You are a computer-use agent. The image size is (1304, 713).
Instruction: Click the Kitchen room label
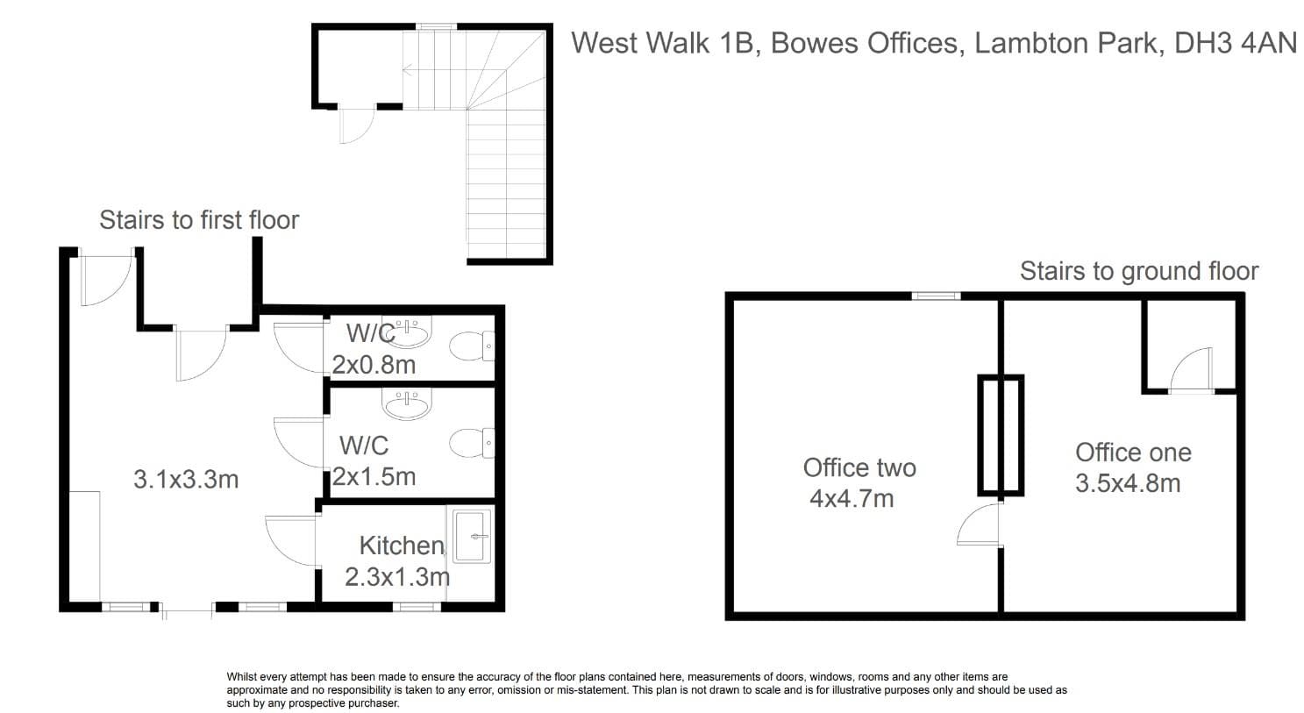click(403, 546)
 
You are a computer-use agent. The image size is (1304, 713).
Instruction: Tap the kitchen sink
click(472, 537)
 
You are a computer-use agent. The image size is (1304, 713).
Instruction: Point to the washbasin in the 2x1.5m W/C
click(407, 404)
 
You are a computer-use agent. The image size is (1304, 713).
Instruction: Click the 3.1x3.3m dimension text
click(186, 480)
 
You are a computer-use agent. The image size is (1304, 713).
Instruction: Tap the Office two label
click(859, 468)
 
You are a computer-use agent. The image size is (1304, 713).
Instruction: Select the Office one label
click(1133, 453)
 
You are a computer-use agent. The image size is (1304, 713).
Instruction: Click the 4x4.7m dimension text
click(852, 499)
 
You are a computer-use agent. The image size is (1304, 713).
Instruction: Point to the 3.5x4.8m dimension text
click(1128, 484)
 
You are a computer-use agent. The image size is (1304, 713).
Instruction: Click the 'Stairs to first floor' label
click(199, 220)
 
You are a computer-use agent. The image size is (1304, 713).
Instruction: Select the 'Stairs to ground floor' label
click(1139, 271)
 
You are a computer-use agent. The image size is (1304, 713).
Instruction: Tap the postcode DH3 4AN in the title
click(1236, 43)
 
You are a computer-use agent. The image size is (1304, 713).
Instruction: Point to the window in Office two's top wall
click(936, 296)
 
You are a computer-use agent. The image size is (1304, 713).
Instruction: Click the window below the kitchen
click(417, 607)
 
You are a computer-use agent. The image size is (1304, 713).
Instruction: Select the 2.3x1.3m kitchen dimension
click(397, 577)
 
